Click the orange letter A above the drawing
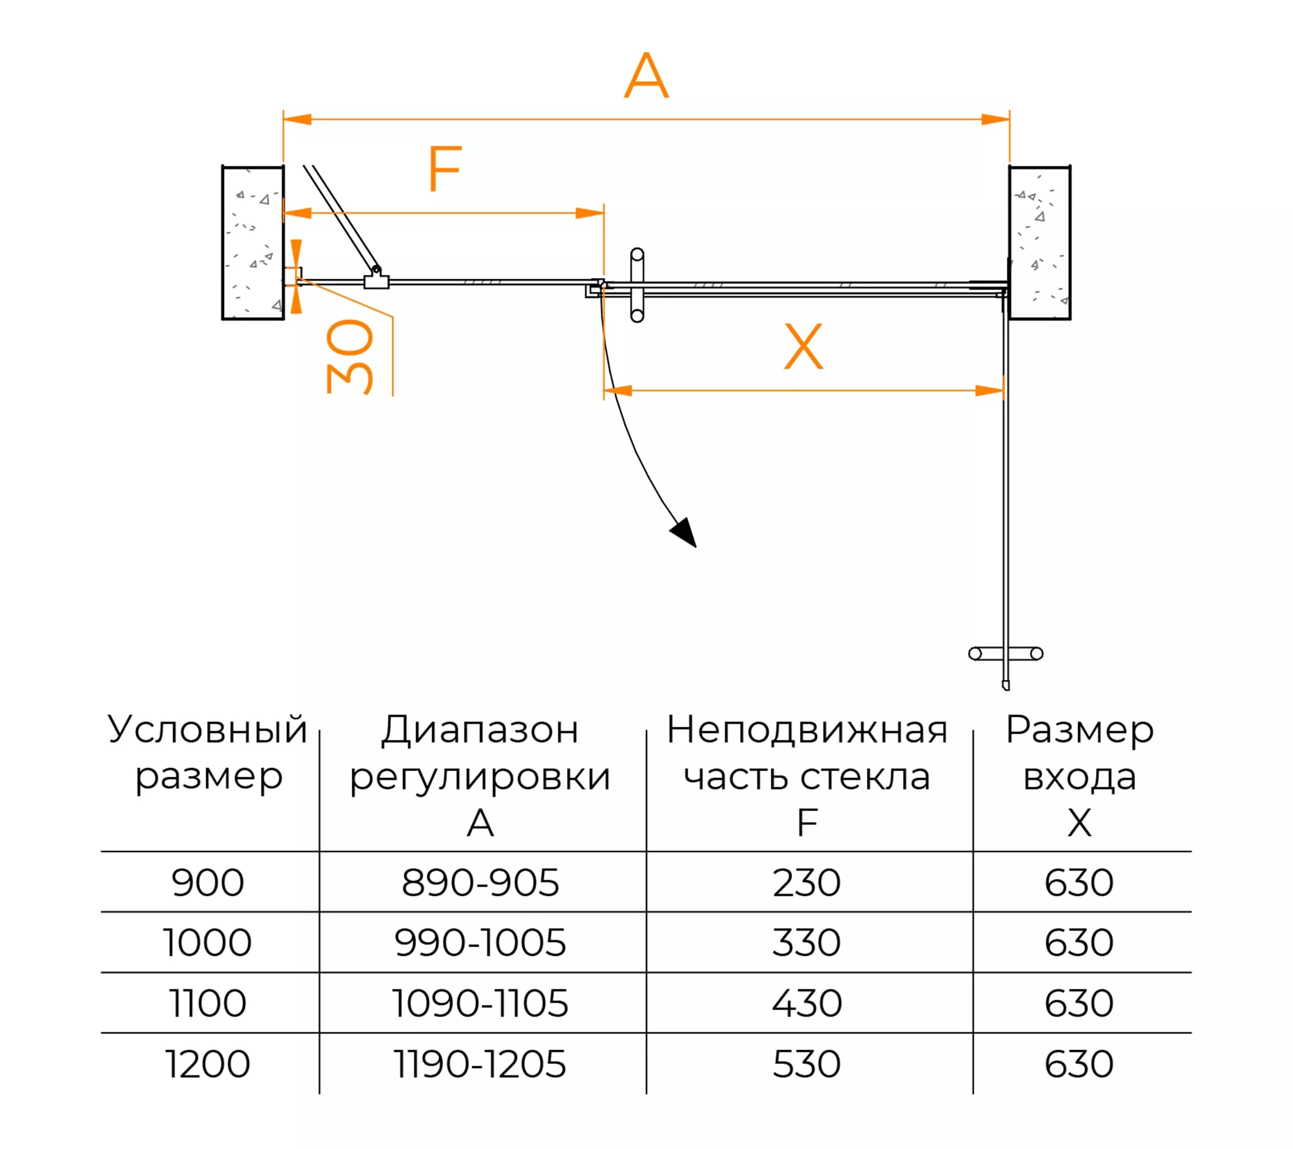tap(646, 75)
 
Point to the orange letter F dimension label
tap(445, 168)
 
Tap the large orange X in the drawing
tap(803, 346)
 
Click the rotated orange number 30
tap(350, 357)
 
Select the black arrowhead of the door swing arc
tap(684, 532)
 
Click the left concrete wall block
tap(253, 243)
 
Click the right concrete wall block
tap(1040, 243)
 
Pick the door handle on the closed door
tap(637, 285)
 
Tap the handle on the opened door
tap(1006, 654)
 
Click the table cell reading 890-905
tap(480, 883)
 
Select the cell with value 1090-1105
tap(480, 1004)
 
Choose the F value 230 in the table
tap(806, 883)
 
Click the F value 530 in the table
tap(806, 1065)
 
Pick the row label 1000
tap(207, 943)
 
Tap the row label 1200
tap(207, 1065)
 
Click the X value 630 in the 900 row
tap(1079, 883)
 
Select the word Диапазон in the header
tap(480, 731)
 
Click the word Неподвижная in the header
tap(807, 730)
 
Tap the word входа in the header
tap(1080, 778)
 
